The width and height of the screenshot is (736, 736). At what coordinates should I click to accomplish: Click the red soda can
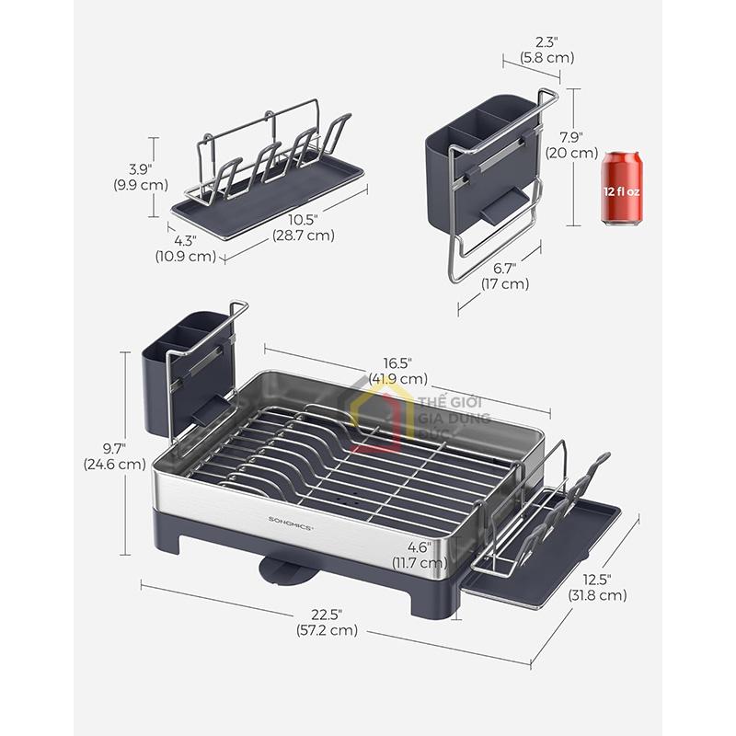point(622,189)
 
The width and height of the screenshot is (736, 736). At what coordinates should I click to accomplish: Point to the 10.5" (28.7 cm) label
point(303,227)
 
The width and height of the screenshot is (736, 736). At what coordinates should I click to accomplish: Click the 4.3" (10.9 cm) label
point(187,248)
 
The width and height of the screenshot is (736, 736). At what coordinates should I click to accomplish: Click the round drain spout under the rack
point(281,569)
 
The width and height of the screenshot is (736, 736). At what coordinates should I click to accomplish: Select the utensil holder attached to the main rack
point(189,368)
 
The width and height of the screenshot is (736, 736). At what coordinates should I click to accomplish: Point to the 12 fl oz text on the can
point(622,190)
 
